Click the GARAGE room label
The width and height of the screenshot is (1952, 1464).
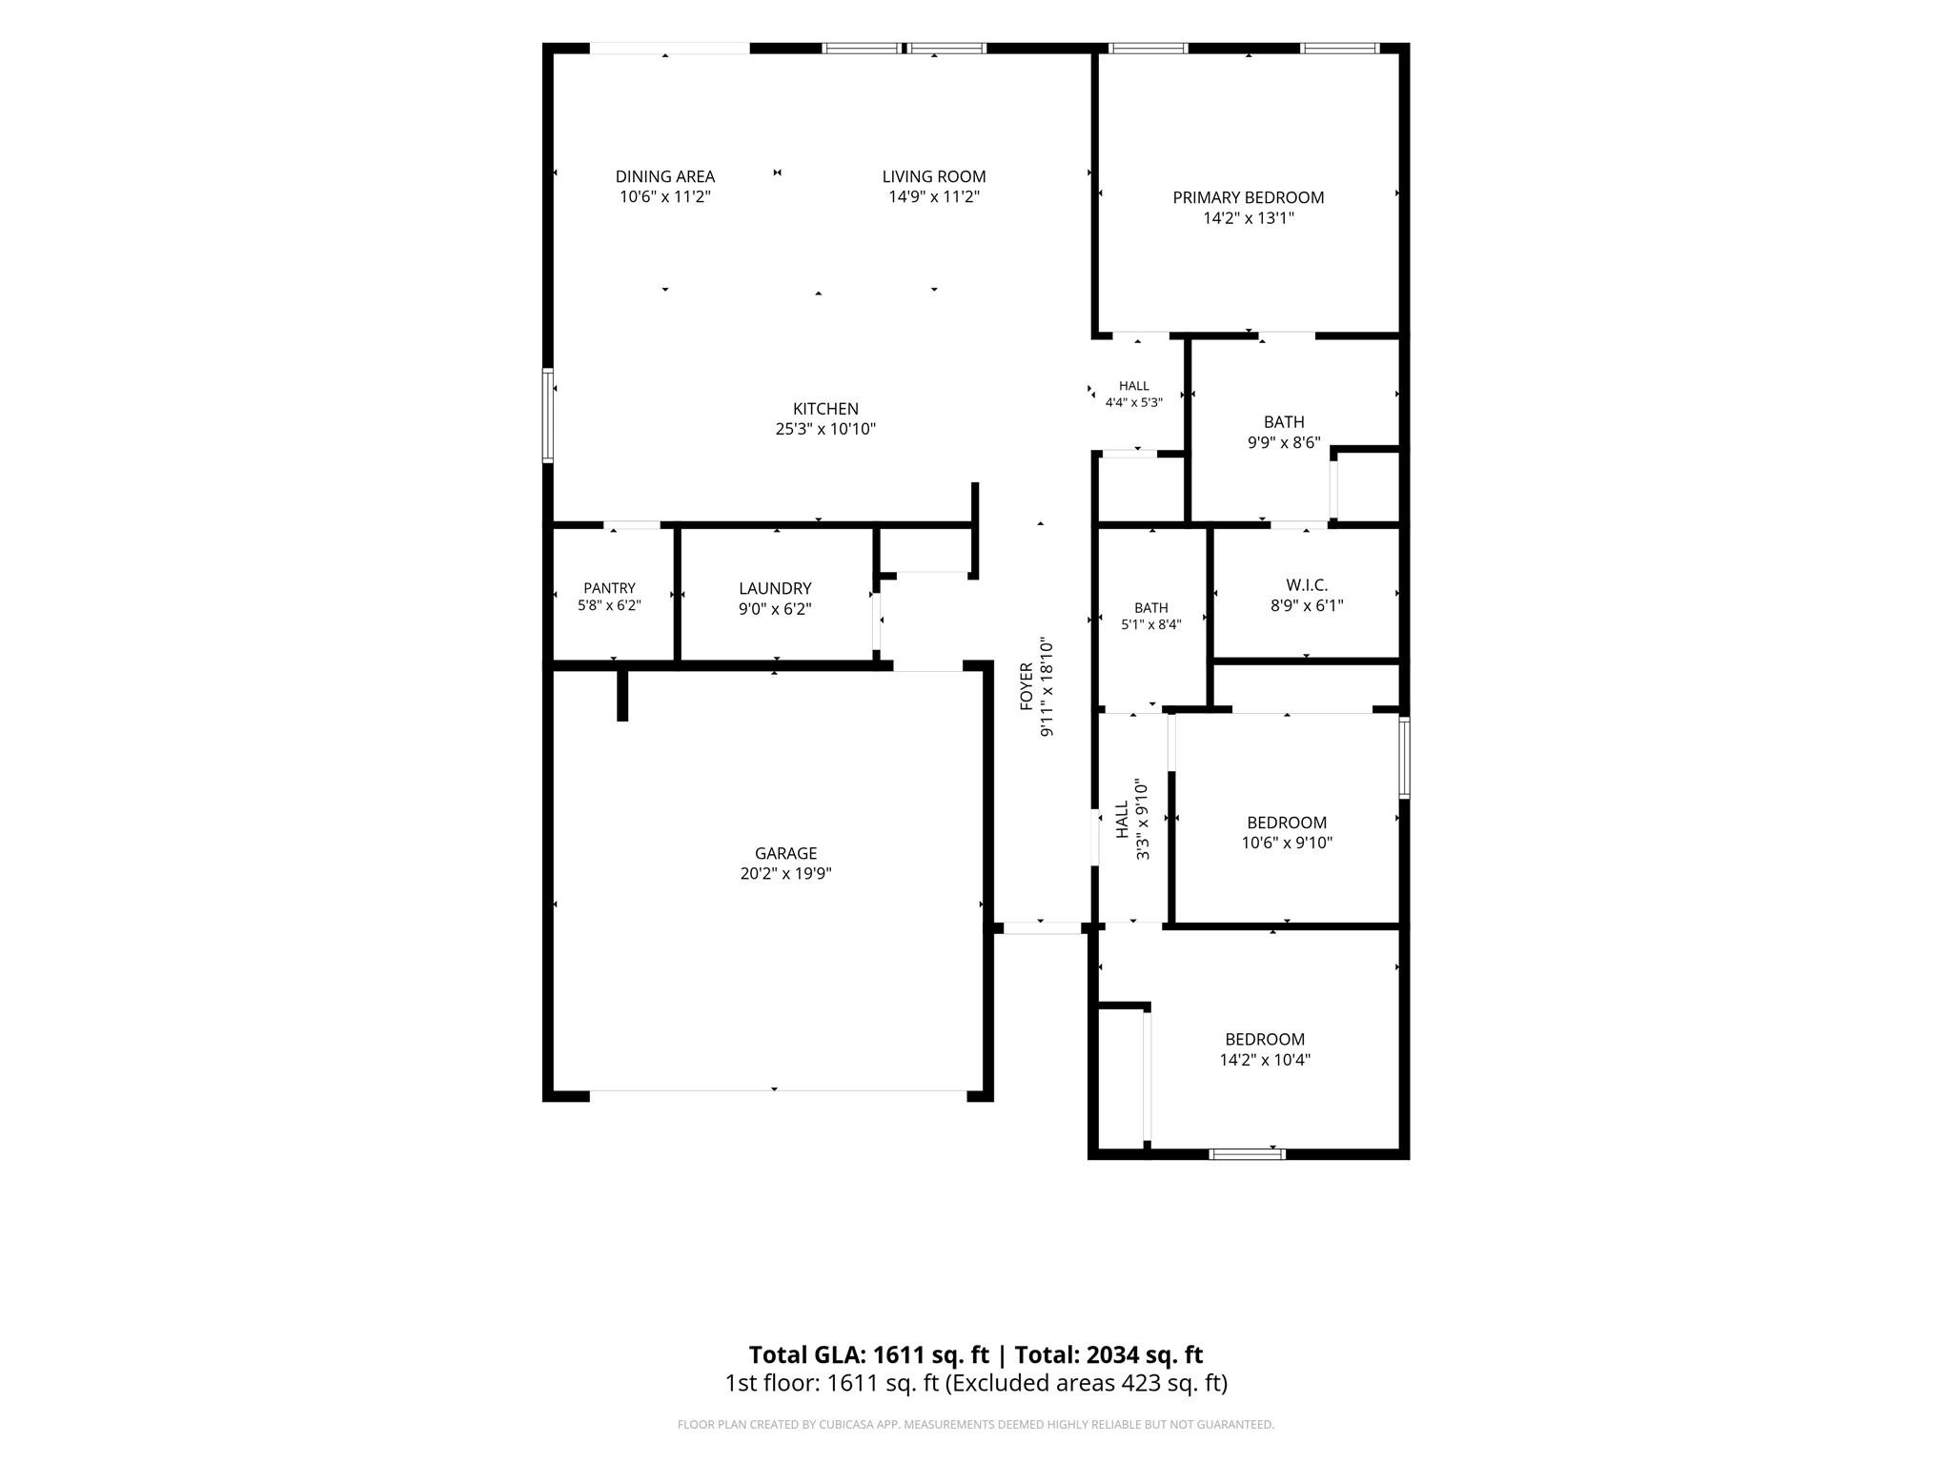point(785,854)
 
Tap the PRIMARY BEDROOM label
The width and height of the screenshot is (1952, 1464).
point(1248,197)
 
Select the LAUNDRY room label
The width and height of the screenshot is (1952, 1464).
point(775,589)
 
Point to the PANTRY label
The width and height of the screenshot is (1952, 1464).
point(609,588)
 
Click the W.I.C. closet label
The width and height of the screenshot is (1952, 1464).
point(1307,585)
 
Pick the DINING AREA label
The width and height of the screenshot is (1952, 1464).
point(664,176)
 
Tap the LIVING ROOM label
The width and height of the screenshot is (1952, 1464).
point(933,176)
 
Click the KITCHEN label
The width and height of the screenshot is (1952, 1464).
point(825,409)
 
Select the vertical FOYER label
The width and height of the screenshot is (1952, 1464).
point(1027,686)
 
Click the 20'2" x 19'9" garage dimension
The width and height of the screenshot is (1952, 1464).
point(785,874)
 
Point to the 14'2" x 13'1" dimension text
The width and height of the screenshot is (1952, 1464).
point(1248,218)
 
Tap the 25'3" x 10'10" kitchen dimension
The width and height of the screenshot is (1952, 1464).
point(825,429)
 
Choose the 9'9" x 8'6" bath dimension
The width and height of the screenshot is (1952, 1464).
point(1284,442)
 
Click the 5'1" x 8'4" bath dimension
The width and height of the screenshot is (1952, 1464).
point(1150,625)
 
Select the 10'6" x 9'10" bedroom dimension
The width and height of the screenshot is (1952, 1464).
point(1287,843)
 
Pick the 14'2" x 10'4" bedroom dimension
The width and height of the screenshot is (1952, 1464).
point(1265,1060)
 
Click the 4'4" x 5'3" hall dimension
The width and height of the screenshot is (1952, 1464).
point(1133,403)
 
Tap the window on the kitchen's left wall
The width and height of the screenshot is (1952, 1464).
point(548,416)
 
